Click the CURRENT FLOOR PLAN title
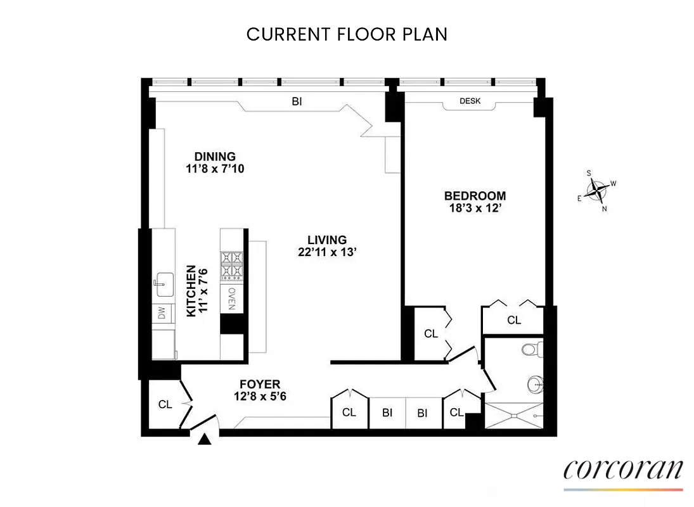pyautogui.click(x=347, y=34)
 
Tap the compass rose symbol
pyautogui.click(x=597, y=189)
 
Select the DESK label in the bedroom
pyautogui.click(x=470, y=101)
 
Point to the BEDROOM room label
pyautogui.click(x=475, y=196)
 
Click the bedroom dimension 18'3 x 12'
pyautogui.click(x=475, y=207)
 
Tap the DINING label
pyautogui.click(x=215, y=157)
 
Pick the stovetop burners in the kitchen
pyautogui.click(x=231, y=266)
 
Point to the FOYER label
pyautogui.click(x=260, y=384)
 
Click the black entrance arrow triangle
pyautogui.click(x=204, y=439)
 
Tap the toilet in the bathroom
pyautogui.click(x=531, y=348)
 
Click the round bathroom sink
pyautogui.click(x=536, y=382)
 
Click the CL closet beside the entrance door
pyautogui.click(x=165, y=404)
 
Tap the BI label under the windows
pyautogui.click(x=297, y=101)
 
